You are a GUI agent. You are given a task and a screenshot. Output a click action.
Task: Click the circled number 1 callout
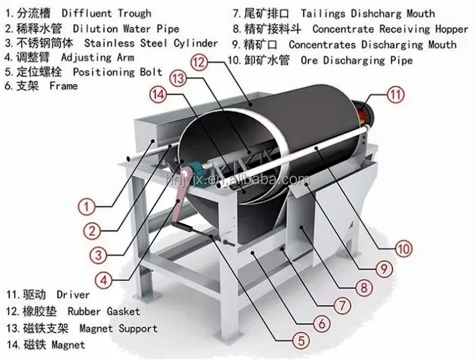[x=88, y=207]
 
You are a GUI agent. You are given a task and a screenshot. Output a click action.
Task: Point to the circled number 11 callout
[x=395, y=93]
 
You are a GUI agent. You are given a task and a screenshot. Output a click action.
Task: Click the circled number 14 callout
[x=158, y=94]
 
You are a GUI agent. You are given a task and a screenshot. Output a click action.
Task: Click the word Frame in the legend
[x=63, y=86]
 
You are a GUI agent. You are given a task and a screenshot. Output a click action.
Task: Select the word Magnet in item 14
[x=68, y=345]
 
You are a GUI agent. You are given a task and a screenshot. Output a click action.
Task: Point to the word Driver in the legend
[x=73, y=295]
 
